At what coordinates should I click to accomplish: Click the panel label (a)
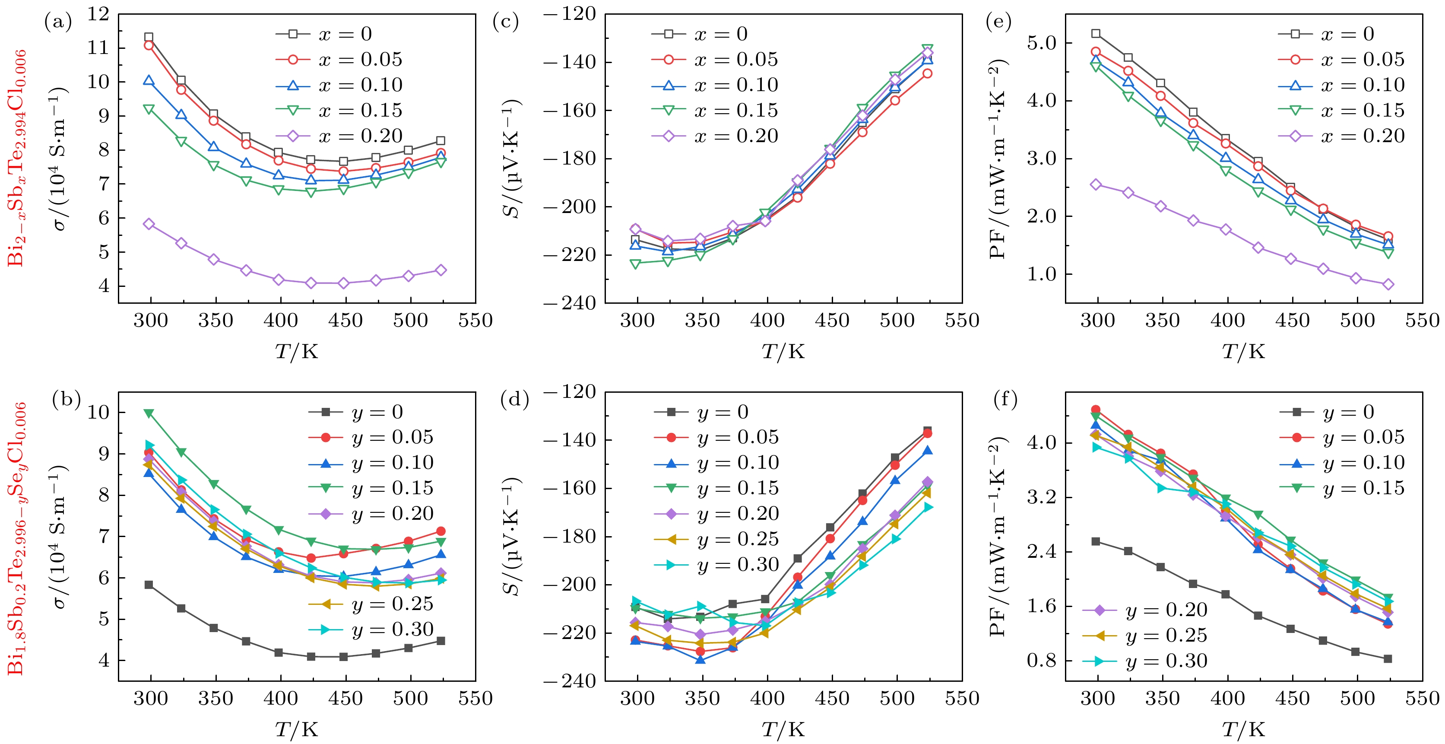pos(58,22)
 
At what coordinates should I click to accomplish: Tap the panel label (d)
pos(514,400)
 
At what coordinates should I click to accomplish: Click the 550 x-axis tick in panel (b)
pos(475,699)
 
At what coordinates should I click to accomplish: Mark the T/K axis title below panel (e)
pos(1243,352)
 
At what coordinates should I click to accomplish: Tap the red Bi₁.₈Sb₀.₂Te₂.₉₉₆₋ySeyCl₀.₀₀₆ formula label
pos(16,537)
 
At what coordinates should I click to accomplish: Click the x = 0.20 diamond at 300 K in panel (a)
pos(149,224)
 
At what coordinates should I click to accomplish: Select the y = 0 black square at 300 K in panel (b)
pos(149,585)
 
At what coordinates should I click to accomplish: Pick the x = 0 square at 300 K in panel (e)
pos(1096,34)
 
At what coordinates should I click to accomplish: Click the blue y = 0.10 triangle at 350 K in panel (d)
pos(700,659)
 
